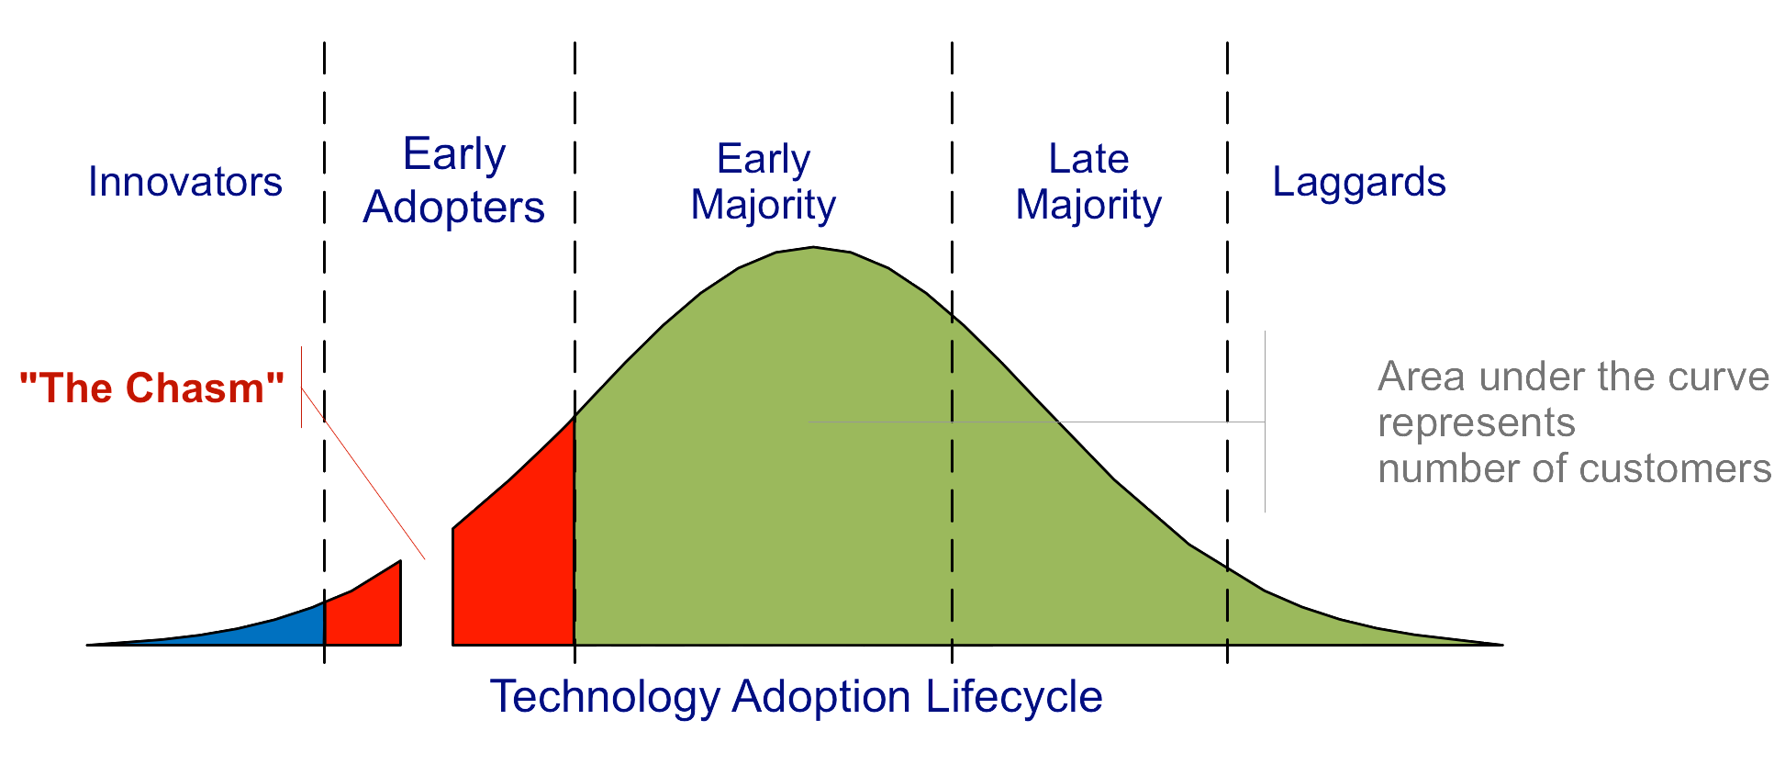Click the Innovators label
(x=184, y=182)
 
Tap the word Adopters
(x=453, y=208)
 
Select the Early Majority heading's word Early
(x=763, y=159)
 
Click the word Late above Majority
(x=1088, y=159)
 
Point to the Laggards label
(x=1358, y=182)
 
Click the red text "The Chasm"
(x=151, y=388)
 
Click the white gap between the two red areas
(x=427, y=606)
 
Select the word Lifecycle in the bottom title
(x=1014, y=696)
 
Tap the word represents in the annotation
(x=1476, y=423)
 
